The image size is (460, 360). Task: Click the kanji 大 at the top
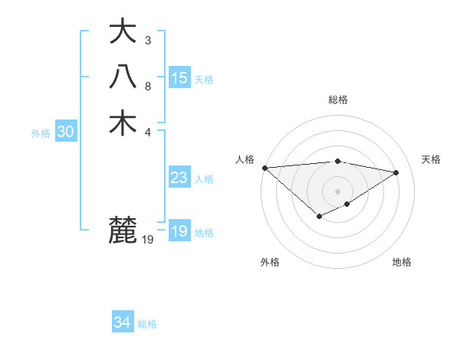pos(123,32)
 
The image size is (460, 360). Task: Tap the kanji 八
pos(123,77)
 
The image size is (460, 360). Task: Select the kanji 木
pos(123,123)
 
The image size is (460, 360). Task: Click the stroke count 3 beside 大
pos(148,40)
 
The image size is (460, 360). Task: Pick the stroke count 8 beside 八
pos(148,86)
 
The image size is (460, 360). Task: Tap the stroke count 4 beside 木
pos(148,131)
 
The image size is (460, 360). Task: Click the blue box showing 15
pos(179,78)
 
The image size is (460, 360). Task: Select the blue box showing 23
pos(179,178)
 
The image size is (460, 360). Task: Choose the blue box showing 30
pos(66,133)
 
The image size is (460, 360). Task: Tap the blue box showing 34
pos(123,323)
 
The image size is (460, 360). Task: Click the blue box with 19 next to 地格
pos(179,232)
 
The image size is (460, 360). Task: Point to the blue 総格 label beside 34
pos(147,324)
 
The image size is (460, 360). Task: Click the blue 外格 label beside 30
pos(41,133)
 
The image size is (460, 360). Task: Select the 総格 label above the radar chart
pos(337,100)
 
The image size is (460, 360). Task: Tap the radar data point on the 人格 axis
pos(264,168)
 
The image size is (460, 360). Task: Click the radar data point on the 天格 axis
pos(396,172)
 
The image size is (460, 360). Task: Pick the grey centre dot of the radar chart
pos(337,191)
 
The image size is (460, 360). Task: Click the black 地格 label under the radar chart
pos(402,262)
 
